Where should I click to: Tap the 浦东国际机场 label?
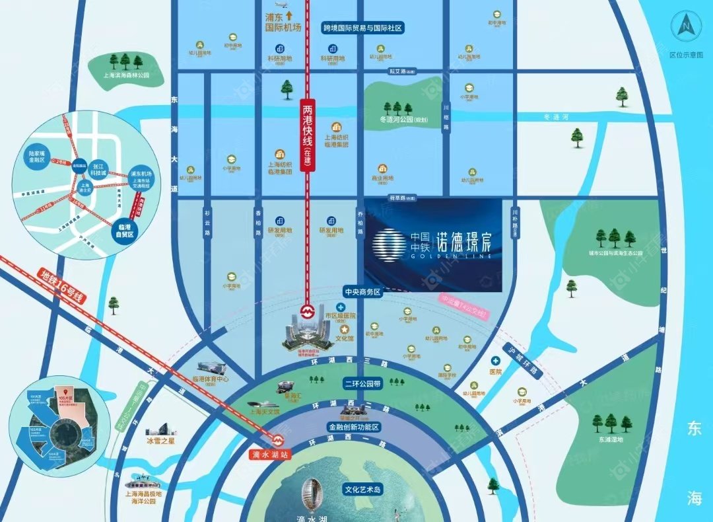pos(283,23)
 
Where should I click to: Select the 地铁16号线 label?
pos(63,286)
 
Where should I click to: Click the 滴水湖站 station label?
pos(271,455)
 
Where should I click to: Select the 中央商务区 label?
pos(362,291)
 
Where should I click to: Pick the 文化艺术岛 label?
pos(363,490)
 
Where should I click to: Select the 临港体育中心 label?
pos(210,379)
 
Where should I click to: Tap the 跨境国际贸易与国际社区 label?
pos(362,28)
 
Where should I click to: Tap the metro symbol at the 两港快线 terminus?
pos(307,309)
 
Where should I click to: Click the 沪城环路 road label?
pos(522,360)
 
